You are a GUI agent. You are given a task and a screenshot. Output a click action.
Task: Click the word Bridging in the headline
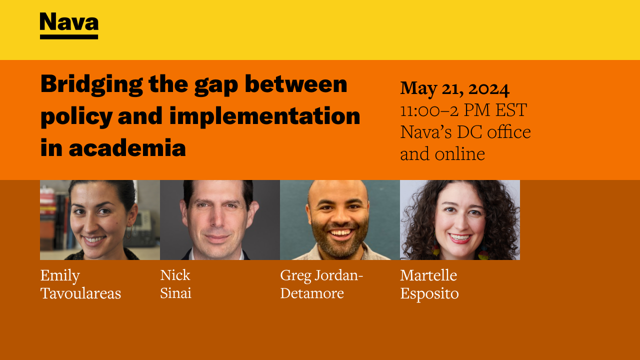click(x=91, y=85)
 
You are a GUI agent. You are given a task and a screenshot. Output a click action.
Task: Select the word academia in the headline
click(x=127, y=147)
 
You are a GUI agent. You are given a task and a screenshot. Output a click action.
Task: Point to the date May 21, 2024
click(x=454, y=89)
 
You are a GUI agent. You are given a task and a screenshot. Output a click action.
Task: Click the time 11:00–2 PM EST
click(x=463, y=110)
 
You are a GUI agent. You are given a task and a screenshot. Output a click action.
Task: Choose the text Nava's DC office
click(x=465, y=132)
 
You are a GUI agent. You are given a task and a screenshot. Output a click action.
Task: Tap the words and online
click(x=442, y=154)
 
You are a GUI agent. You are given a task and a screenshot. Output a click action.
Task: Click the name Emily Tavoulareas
click(x=80, y=284)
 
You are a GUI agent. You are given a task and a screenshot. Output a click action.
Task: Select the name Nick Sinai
click(x=175, y=284)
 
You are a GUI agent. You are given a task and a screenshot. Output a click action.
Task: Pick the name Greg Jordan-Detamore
click(x=321, y=284)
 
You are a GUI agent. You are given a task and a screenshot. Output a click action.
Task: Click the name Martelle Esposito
click(x=429, y=284)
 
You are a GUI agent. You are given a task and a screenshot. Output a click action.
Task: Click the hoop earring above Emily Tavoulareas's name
click(x=129, y=231)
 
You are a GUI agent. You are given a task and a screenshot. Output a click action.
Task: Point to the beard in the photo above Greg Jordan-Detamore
click(x=339, y=239)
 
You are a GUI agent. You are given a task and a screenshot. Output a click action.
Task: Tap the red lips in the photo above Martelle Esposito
click(x=459, y=238)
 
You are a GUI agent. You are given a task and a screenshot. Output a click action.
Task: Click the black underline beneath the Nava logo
click(x=69, y=37)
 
